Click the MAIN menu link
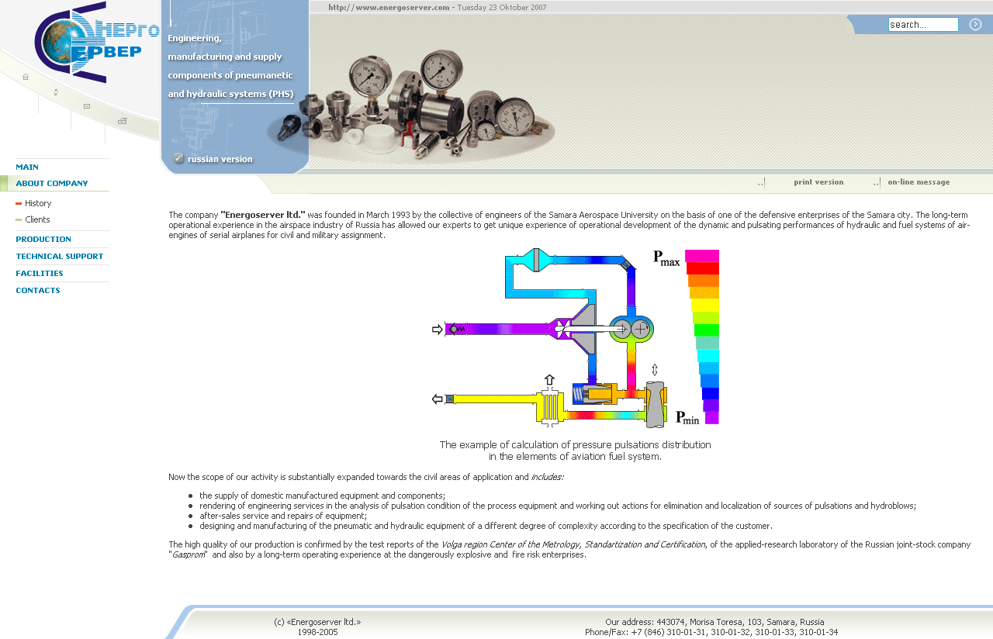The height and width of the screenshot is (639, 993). pos(27,167)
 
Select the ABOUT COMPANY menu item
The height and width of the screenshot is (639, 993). pos(52,184)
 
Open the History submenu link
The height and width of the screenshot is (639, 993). pos(38,203)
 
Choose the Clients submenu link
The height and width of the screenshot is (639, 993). pos(37,219)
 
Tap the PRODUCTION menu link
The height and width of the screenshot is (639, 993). pos(43,240)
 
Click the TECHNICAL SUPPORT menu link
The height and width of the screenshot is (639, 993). pos(60,257)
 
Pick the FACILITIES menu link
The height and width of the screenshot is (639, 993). pos(40,274)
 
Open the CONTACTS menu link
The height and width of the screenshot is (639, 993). pos(38,291)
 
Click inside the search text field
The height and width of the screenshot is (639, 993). pos(923,25)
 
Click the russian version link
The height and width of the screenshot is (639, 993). pos(220,159)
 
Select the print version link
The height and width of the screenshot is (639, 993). pos(818,182)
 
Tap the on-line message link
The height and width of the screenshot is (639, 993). pos(919,182)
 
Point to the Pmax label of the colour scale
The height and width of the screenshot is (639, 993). pos(666,258)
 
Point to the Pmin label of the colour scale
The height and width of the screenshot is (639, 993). pos(687,418)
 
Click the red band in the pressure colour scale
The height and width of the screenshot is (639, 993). pos(703,268)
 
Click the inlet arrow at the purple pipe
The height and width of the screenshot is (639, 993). pos(437,330)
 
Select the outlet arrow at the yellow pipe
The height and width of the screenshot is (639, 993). pos(437,399)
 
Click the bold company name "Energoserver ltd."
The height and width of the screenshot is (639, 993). pos(263,215)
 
